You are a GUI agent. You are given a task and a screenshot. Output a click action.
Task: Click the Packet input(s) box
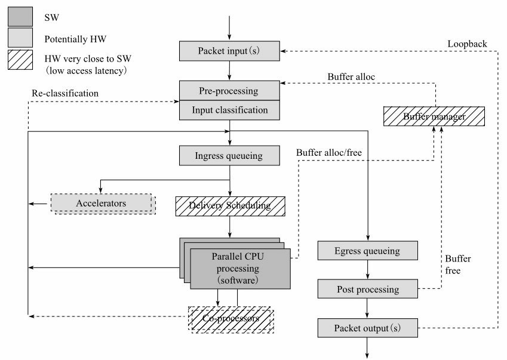coord(229,51)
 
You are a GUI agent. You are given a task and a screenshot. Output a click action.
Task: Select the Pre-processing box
coord(229,91)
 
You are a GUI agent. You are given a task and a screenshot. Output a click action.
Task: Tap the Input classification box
coord(229,110)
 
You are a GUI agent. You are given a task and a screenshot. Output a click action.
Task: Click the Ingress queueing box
coord(229,155)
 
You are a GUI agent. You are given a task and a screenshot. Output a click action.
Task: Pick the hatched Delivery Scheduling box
coord(231,206)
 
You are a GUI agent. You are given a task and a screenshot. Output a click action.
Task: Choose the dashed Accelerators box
coord(103,204)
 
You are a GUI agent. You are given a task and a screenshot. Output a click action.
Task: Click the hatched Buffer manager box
coord(434,116)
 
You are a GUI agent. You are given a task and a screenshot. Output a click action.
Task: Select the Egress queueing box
coord(368,251)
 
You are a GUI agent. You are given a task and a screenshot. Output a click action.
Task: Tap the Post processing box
coord(368,289)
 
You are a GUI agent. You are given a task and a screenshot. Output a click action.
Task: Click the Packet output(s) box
coord(368,328)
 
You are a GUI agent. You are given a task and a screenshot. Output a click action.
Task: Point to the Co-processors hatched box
coord(231,319)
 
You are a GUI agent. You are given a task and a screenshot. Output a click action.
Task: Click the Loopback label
coord(467,44)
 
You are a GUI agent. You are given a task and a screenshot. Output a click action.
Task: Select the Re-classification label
coord(65,93)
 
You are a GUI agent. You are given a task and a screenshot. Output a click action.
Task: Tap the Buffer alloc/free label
coord(329,152)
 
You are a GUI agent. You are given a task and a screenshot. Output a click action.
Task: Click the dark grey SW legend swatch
coord(20,17)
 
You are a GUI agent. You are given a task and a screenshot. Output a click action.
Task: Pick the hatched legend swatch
coord(20,60)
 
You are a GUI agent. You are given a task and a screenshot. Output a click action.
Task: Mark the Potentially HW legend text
coord(75,39)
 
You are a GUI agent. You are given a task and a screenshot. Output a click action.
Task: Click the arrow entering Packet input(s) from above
coord(229,28)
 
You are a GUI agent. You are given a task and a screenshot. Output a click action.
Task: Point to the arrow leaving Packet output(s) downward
coord(367,348)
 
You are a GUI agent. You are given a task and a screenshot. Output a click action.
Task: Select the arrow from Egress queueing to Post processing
coord(367,270)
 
